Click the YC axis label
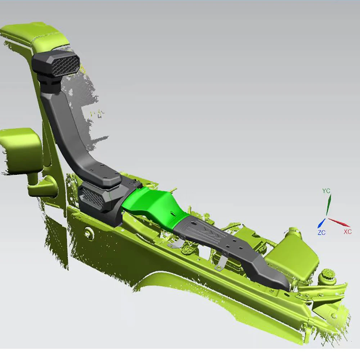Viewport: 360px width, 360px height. click(x=326, y=190)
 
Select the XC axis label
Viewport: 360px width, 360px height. click(x=348, y=231)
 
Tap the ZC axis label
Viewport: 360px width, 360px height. click(x=321, y=233)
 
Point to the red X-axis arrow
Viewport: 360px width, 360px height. click(x=339, y=222)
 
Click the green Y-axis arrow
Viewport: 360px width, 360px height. click(x=329, y=205)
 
